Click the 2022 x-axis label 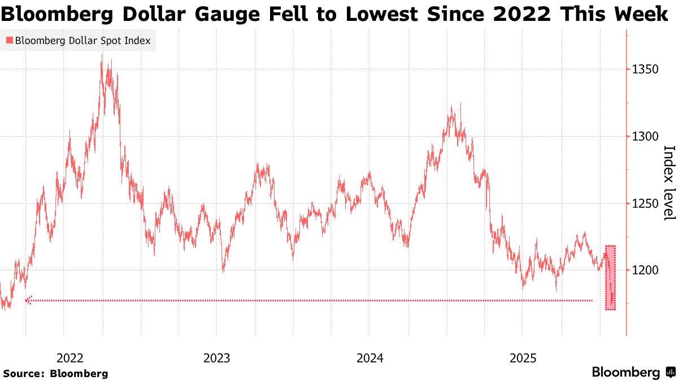pos(71,358)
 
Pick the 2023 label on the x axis pos(216,358)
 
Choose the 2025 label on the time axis pos(522,358)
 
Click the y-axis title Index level pos(668,183)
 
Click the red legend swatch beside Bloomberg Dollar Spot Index pos(9,41)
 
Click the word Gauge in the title pos(236,14)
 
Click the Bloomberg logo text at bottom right pos(625,372)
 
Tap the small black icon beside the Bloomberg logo pos(670,372)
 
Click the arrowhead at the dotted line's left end pos(29,300)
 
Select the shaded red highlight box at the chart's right pos(610,277)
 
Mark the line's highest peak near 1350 pos(102,55)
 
